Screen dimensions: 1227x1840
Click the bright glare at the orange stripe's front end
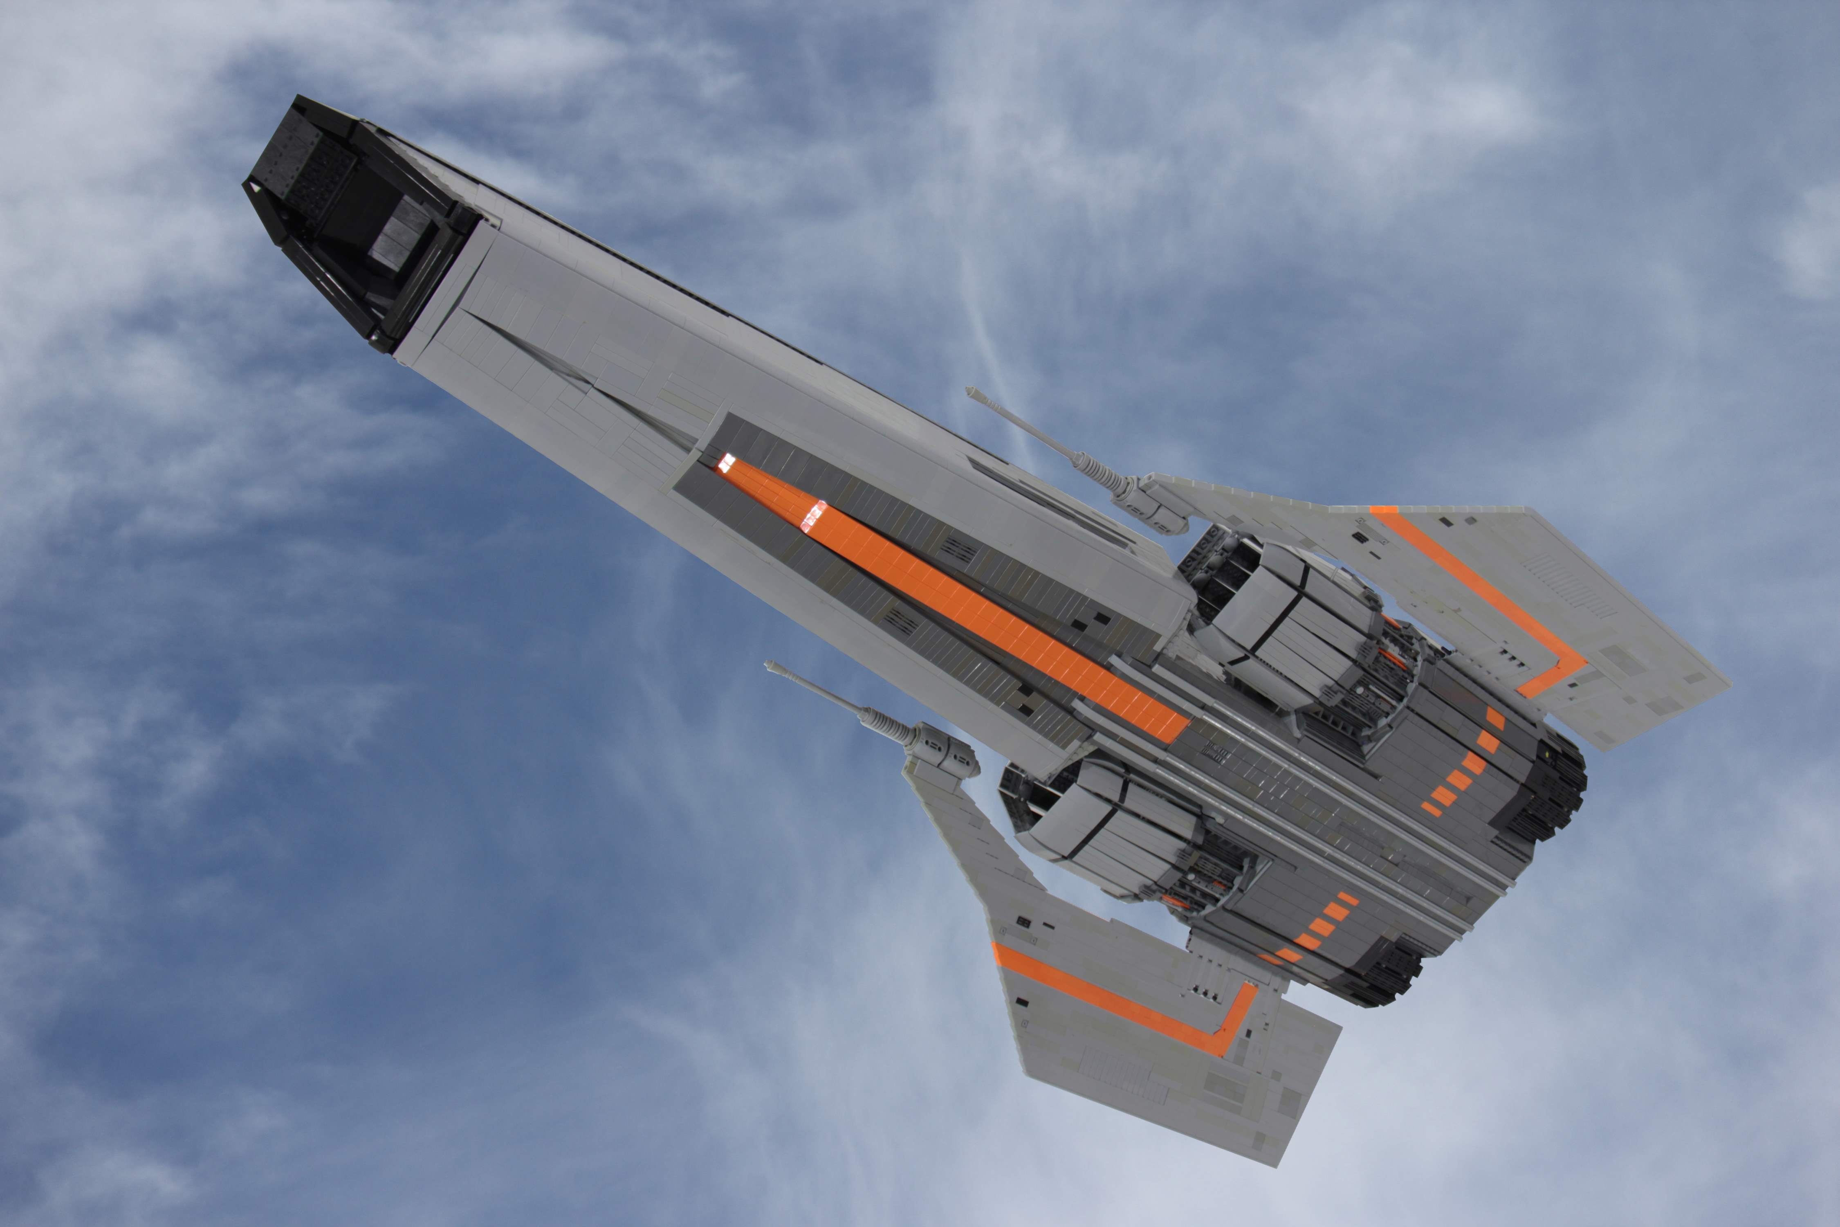click(x=727, y=463)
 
